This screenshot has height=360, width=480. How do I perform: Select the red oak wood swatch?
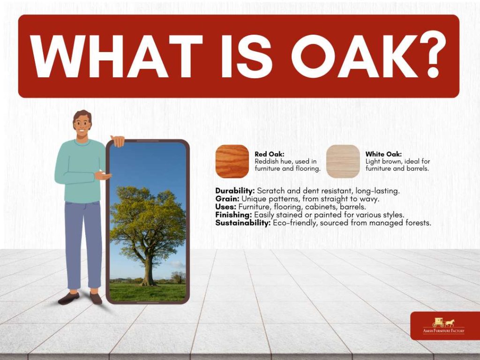pyautogui.click(x=232, y=161)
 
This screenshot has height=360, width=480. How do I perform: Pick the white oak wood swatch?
pyautogui.click(x=343, y=161)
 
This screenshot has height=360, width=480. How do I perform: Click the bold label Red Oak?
pyautogui.click(x=270, y=154)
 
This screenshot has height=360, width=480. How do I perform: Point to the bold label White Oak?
pyautogui.click(x=383, y=154)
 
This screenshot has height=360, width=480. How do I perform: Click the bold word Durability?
pyautogui.click(x=235, y=191)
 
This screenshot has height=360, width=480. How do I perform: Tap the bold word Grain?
pyautogui.click(x=227, y=199)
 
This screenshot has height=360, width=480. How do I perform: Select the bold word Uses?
pyautogui.click(x=225, y=207)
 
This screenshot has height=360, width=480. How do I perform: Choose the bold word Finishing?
pyautogui.click(x=233, y=215)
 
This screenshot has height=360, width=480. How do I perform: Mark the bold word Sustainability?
pyautogui.click(x=243, y=223)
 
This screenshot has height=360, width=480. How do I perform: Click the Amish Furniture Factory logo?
pyautogui.click(x=443, y=326)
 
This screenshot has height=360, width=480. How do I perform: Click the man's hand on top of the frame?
pyautogui.click(x=118, y=141)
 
